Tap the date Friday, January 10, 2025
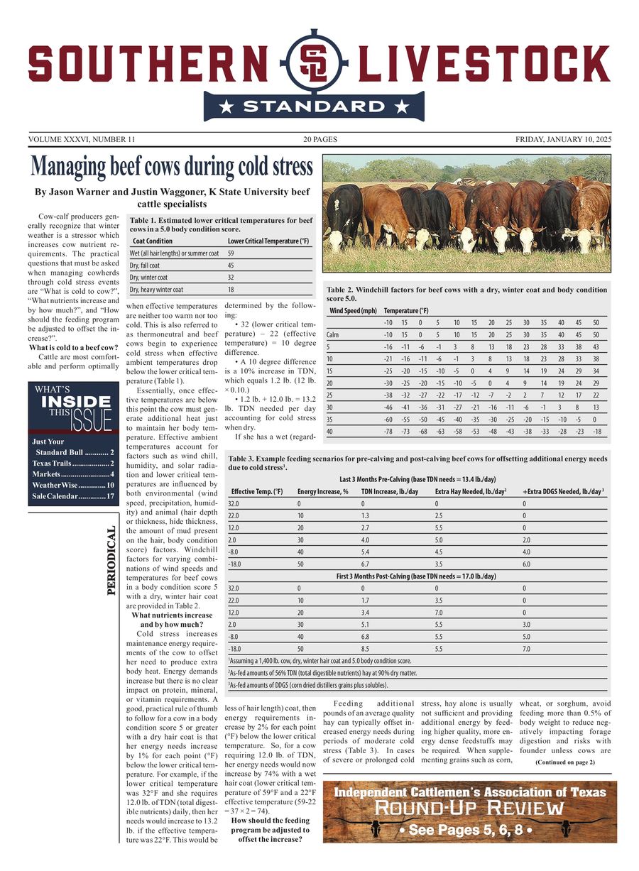[x=562, y=139]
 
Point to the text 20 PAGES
[x=319, y=139]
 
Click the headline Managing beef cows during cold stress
[x=172, y=167]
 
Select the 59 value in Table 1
[x=231, y=253]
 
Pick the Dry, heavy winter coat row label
[x=156, y=290]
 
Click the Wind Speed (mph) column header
[x=353, y=310]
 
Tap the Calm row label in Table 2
[x=332, y=334]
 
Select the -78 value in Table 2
[x=388, y=431]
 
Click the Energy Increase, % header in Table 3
[x=323, y=491]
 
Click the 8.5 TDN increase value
[x=366, y=648]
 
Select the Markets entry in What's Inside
[x=73, y=473]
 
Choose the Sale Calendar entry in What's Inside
[x=73, y=496]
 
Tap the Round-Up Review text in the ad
[x=469, y=808]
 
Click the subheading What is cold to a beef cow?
[x=73, y=347]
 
